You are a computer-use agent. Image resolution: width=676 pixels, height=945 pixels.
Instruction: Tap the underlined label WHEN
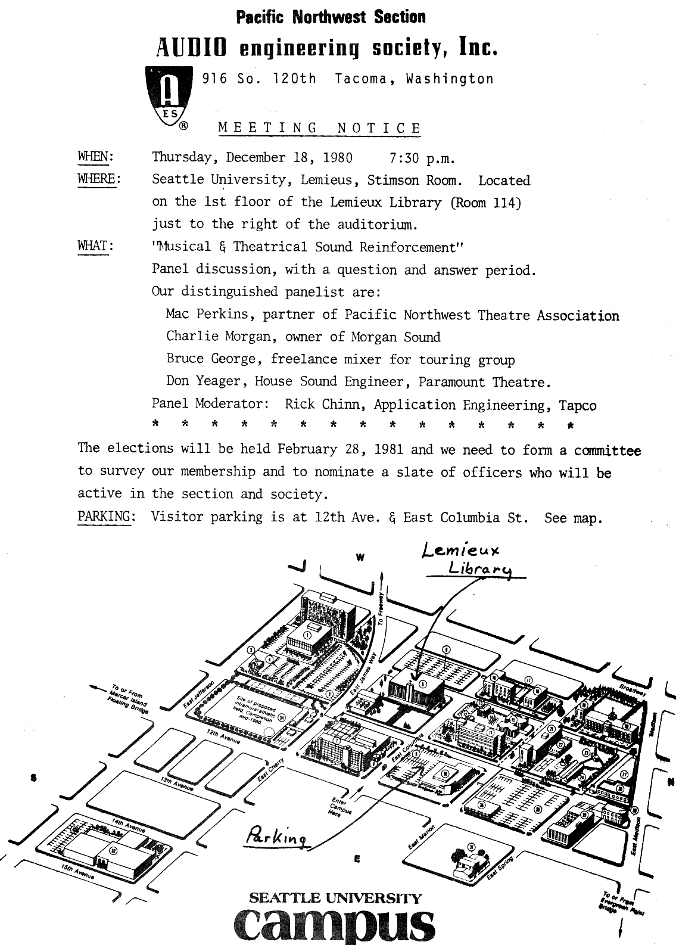[x=95, y=157]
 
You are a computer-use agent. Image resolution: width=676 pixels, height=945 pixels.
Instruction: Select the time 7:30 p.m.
[x=422, y=158]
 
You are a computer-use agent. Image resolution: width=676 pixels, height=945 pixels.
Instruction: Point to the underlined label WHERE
[x=98, y=179]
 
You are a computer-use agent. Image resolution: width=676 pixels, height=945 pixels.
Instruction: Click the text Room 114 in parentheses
[x=487, y=203]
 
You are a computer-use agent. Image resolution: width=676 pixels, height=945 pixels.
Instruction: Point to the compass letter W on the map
[x=359, y=558]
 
